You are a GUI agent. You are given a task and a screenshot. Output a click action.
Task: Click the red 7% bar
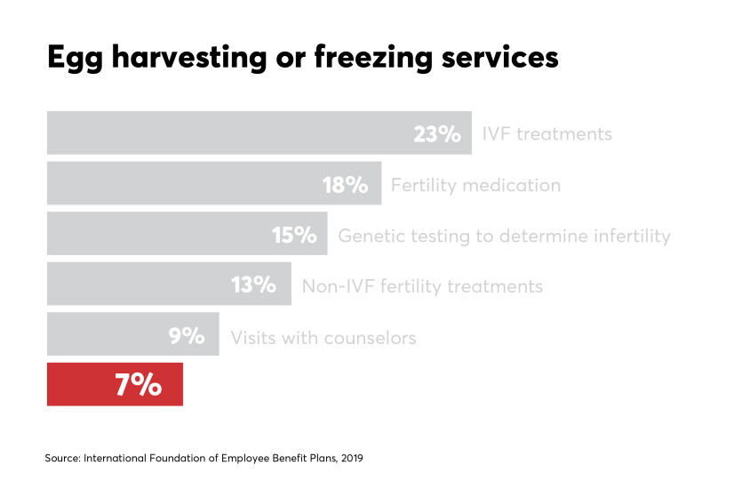tap(115, 384)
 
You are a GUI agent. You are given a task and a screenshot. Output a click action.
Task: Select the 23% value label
tap(437, 134)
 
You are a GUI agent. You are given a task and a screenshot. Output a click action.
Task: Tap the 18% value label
tap(345, 185)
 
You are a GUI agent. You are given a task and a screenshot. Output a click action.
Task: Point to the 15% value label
tap(294, 235)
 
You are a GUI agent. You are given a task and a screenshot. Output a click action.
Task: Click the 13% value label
tap(253, 285)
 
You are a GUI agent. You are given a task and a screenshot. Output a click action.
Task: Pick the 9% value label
tap(187, 336)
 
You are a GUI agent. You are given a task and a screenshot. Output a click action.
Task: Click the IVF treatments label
tap(547, 134)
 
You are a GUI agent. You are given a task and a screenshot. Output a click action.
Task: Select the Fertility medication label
tap(475, 185)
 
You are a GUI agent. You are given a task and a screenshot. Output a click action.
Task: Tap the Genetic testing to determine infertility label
tap(504, 236)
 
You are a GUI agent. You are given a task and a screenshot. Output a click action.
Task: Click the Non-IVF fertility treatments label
tap(422, 286)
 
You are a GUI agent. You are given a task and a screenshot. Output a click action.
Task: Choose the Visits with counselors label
tap(323, 338)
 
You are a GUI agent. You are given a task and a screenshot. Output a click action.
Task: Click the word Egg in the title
tap(76, 59)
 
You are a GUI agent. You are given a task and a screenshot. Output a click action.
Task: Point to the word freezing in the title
tap(373, 59)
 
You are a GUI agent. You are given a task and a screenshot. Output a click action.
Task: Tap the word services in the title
tap(499, 58)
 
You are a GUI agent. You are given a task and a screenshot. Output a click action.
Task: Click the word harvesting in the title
tap(189, 59)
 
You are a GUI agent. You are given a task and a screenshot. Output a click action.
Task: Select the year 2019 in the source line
tap(352, 458)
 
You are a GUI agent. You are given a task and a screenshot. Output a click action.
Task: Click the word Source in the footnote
tap(63, 458)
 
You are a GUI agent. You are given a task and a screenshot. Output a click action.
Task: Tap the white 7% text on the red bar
tap(139, 385)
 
